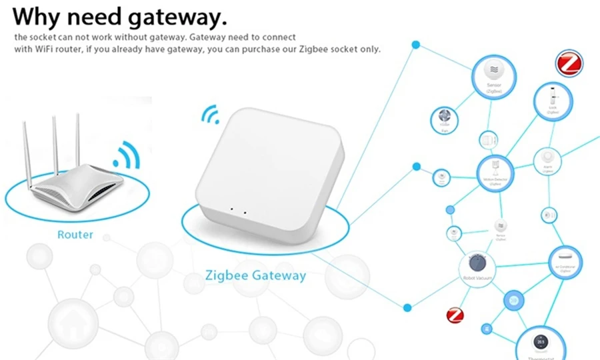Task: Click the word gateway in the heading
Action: click(172, 15)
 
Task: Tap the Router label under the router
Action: click(75, 235)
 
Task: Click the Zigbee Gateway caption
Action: click(256, 275)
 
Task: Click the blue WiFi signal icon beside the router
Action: click(127, 155)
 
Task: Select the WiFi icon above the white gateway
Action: click(210, 115)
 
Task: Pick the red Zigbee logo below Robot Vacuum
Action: click(455, 315)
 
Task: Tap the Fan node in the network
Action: click(445, 120)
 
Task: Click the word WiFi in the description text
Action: click(41, 49)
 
